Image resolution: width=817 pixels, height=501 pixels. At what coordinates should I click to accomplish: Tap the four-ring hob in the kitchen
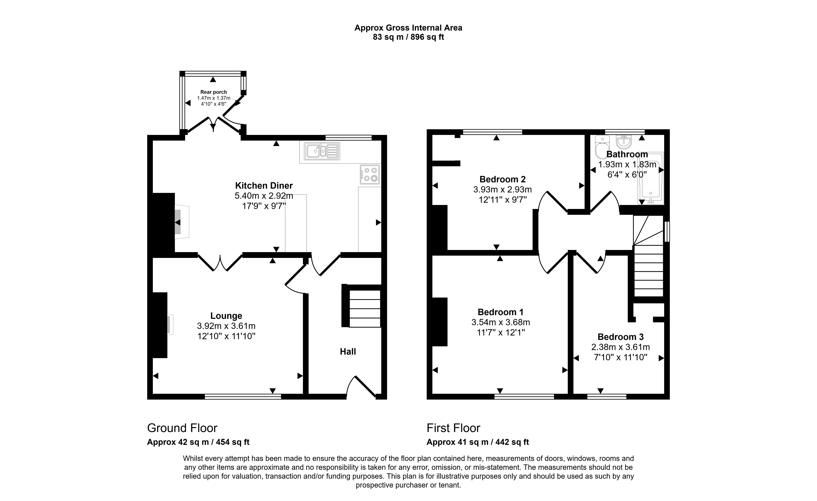click(x=370, y=174)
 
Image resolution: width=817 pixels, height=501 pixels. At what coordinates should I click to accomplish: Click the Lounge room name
click(x=226, y=316)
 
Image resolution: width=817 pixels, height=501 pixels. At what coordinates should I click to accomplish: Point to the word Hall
click(x=348, y=351)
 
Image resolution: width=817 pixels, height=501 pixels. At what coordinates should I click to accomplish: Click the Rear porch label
click(x=214, y=92)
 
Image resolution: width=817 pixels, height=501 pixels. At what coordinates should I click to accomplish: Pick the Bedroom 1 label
click(x=500, y=312)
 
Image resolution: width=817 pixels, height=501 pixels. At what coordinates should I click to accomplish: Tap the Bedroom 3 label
click(x=620, y=337)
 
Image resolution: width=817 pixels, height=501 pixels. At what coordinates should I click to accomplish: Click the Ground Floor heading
click(x=182, y=428)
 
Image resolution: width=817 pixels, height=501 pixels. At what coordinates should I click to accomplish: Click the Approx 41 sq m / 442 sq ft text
click(x=478, y=442)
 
